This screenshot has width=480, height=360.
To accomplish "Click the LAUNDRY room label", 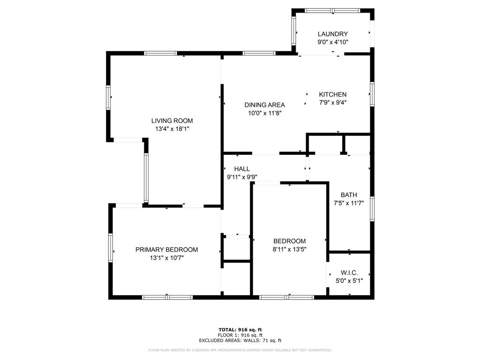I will pyautogui.click(x=332, y=34).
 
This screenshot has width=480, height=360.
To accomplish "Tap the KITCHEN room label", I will pyautogui.click(x=332, y=94).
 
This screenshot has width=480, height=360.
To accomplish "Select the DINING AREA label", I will pyautogui.click(x=264, y=105).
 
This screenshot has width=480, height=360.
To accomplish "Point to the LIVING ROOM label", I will pyautogui.click(x=172, y=120).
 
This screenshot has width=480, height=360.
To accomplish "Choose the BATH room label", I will pyautogui.click(x=349, y=195).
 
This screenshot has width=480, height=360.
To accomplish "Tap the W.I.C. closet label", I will pyautogui.click(x=349, y=272).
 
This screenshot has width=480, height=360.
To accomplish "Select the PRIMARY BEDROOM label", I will pyautogui.click(x=166, y=250).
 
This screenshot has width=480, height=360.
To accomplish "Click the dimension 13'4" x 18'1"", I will pyautogui.click(x=172, y=128).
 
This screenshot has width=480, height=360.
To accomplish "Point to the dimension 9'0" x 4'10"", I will pyautogui.click(x=332, y=42).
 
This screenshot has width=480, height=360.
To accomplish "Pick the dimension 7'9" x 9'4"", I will pyautogui.click(x=332, y=102).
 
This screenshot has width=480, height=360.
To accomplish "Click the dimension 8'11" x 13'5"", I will pyautogui.click(x=289, y=250).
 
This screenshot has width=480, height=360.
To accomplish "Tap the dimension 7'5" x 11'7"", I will pyautogui.click(x=349, y=203).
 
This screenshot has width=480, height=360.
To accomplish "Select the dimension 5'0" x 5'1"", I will pyautogui.click(x=349, y=280).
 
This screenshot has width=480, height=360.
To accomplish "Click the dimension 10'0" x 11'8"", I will pyautogui.click(x=264, y=113).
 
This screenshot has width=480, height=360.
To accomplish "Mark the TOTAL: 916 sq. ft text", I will pyautogui.click(x=240, y=330).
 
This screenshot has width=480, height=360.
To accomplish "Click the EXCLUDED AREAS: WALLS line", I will pyautogui.click(x=240, y=341).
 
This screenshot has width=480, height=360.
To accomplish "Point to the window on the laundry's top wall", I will pyautogui.click(x=332, y=10).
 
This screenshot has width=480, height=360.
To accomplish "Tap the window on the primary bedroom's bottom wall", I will pyautogui.click(x=167, y=297).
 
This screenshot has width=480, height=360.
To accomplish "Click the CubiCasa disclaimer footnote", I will pyautogui.click(x=240, y=350).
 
